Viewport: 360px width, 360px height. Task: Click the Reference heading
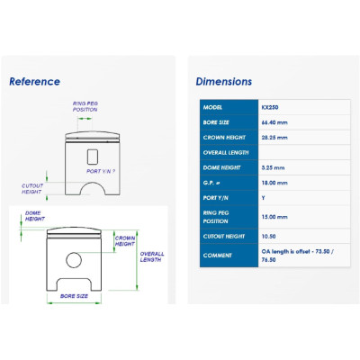(x=34, y=82)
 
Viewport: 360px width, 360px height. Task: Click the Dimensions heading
(x=224, y=82)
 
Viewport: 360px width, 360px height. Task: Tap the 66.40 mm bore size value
(x=274, y=122)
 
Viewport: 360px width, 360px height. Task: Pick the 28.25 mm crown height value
(x=274, y=138)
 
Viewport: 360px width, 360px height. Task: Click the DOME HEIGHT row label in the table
(x=221, y=167)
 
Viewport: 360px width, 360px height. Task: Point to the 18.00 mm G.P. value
(x=274, y=183)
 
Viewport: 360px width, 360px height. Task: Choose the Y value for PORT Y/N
(x=263, y=198)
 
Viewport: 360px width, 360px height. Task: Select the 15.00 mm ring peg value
(x=274, y=217)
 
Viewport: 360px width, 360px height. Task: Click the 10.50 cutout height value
(x=268, y=237)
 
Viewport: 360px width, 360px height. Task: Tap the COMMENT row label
(x=217, y=256)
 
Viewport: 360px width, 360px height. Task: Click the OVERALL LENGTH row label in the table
(x=226, y=153)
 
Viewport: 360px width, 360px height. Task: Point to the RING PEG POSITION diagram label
(x=85, y=106)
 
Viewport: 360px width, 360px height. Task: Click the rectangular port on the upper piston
(x=93, y=157)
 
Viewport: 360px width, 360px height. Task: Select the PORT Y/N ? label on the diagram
(x=101, y=171)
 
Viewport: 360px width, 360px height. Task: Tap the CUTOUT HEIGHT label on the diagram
(x=32, y=189)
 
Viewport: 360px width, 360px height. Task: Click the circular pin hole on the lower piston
(x=74, y=260)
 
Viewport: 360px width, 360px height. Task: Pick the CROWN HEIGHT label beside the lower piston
(x=125, y=241)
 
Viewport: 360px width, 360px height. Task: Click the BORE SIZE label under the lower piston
(x=74, y=296)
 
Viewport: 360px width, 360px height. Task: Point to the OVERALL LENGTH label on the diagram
(x=152, y=256)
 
